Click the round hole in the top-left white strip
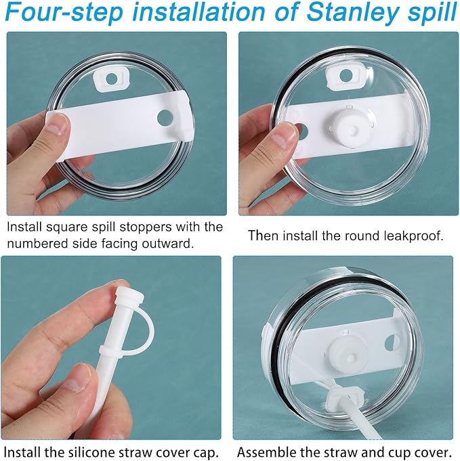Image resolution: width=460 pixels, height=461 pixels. pyautogui.click(x=165, y=118)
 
